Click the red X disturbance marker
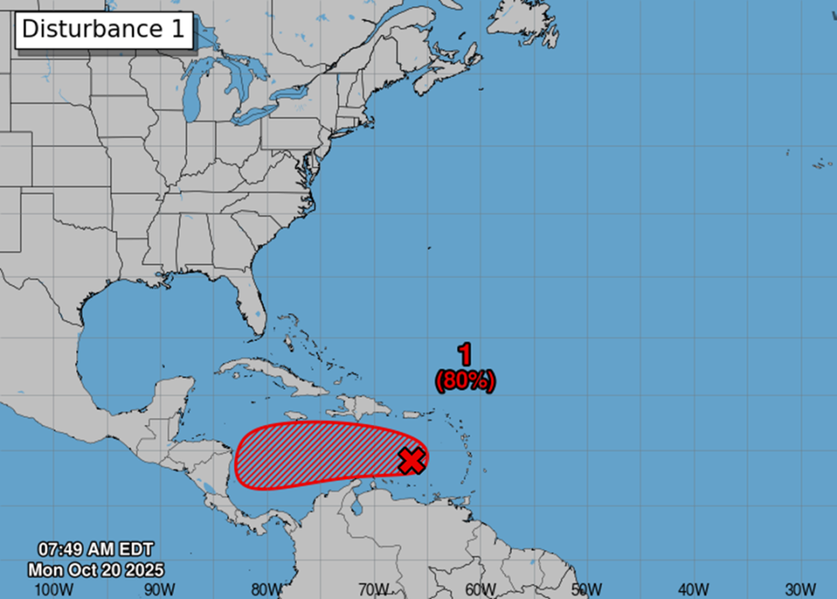[x=413, y=461]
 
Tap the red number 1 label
[x=464, y=354]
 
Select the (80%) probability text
[x=465, y=381]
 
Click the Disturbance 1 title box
[x=104, y=29]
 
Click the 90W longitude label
[x=159, y=589]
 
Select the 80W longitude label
[x=266, y=589]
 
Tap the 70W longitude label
[x=374, y=589]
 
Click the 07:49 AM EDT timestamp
[x=95, y=550]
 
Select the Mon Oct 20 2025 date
[x=95, y=569]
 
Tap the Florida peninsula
[x=250, y=307]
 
